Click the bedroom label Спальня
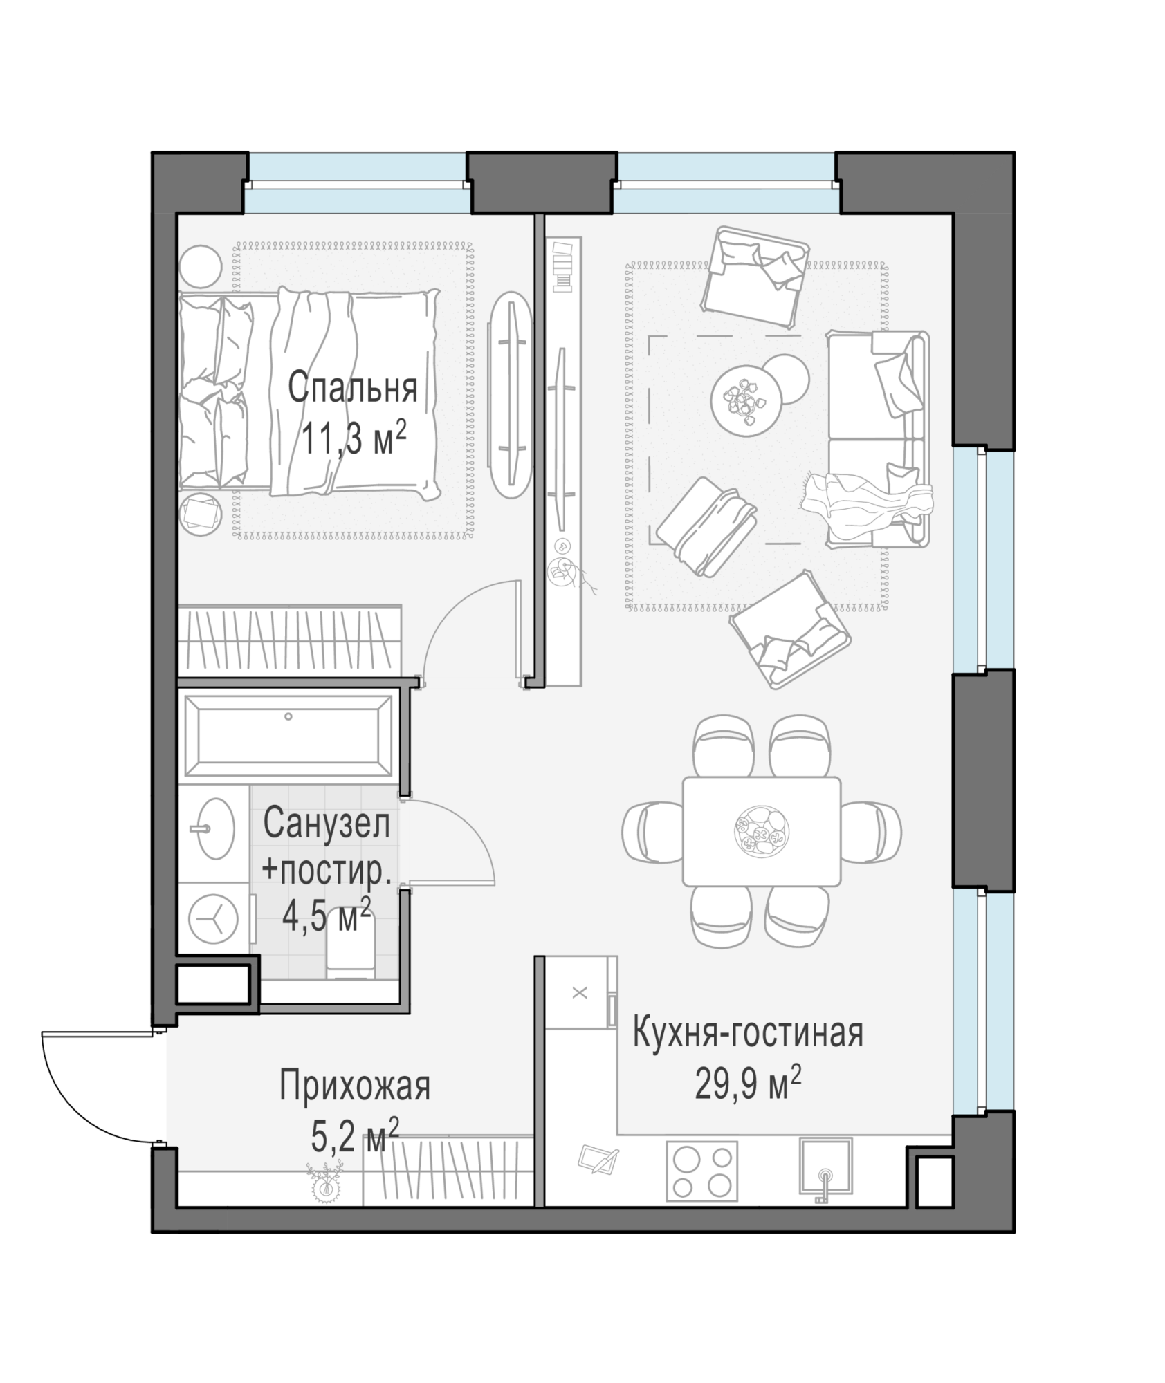(x=352, y=388)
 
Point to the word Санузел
(x=327, y=824)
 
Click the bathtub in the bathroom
(x=288, y=736)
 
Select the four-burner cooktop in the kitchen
(x=701, y=1171)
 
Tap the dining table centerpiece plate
(x=761, y=830)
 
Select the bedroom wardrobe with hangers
(x=290, y=642)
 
